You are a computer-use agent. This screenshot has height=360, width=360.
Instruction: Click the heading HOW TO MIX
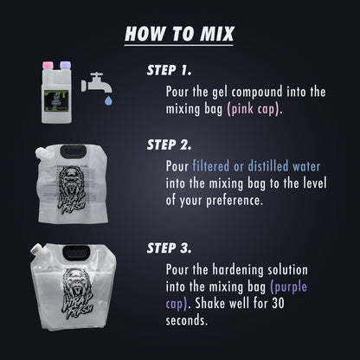pos(179,34)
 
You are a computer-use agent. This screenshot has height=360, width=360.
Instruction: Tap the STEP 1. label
pos(169,70)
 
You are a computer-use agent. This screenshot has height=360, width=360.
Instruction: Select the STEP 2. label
pos(169,145)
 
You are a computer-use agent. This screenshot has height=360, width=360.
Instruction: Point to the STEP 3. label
pos(169,248)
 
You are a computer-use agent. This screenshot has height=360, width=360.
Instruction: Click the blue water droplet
pos(108,100)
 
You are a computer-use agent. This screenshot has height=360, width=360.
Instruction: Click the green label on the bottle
pos(56,100)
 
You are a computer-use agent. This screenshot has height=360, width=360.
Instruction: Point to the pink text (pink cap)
pos(254,110)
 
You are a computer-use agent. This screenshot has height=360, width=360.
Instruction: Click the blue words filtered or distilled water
pos(256,166)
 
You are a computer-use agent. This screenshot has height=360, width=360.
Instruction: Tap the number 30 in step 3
pos(278,303)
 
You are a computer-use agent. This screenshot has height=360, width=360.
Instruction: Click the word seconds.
pos(187,320)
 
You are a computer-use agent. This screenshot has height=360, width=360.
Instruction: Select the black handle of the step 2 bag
pos(73,151)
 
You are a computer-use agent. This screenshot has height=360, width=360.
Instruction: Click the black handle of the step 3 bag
pos(76,253)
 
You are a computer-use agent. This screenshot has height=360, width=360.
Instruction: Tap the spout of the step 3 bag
pos(36,249)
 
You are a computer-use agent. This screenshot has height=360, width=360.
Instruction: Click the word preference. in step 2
pos(235,201)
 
